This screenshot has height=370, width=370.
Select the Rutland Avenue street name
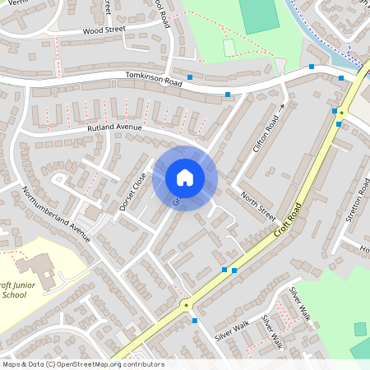click(x=115, y=128)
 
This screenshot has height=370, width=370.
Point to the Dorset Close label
click(x=132, y=191)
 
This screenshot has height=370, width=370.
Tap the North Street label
click(x=257, y=206)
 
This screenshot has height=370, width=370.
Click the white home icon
click(x=185, y=178)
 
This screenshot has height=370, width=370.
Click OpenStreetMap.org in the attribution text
click(x=86, y=363)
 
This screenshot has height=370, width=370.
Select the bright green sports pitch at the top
click(x=259, y=15)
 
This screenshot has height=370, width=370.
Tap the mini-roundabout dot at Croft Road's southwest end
click(x=186, y=305)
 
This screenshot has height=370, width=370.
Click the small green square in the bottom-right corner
click(x=360, y=329)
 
